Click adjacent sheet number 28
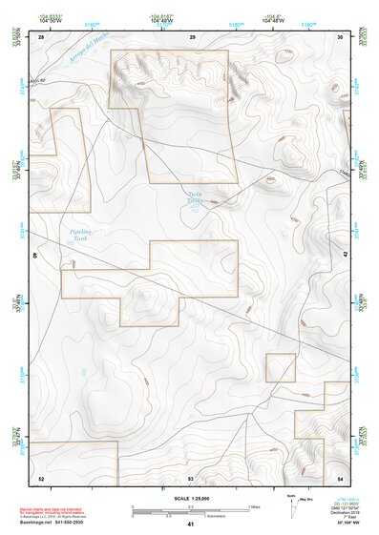pyautogui.click(x=41, y=36)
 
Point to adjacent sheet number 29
pyautogui.click(x=193, y=36)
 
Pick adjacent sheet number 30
pyautogui.click(x=341, y=36)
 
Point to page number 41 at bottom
pyautogui.click(x=191, y=525)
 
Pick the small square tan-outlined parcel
pyautogui.click(x=280, y=367)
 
